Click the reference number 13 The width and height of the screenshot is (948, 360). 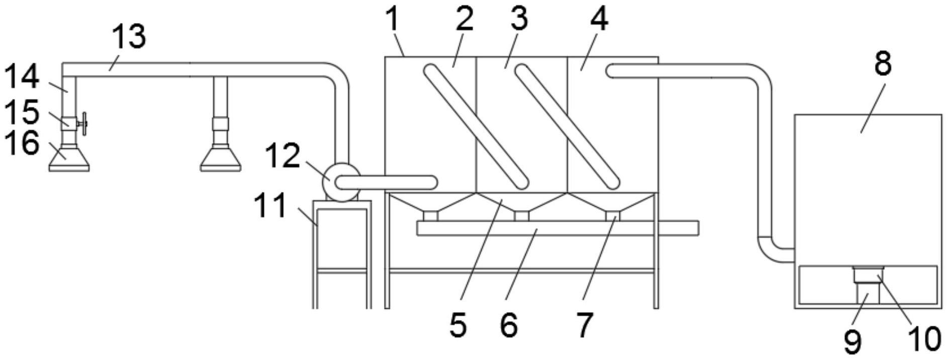[x=129, y=37]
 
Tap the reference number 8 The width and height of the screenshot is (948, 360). [x=883, y=64]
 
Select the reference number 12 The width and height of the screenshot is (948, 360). [x=282, y=155]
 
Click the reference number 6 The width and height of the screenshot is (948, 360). [x=509, y=325]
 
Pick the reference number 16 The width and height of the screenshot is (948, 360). [x=22, y=144]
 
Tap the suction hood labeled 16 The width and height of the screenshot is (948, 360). [x=69, y=158]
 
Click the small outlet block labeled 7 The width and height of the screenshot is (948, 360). [x=613, y=216]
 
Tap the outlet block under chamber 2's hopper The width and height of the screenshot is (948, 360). [x=431, y=216]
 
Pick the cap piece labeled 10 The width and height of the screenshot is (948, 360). [x=868, y=275]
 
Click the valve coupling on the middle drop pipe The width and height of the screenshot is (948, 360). [x=220, y=124]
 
